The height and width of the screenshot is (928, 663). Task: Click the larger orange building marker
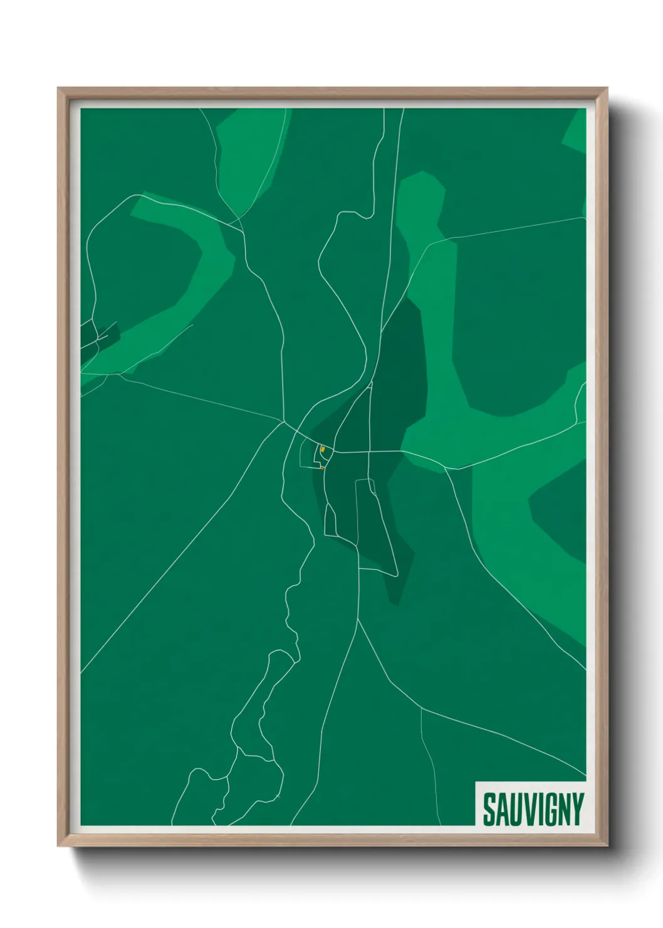tap(323, 449)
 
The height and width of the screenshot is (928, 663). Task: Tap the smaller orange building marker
tap(321, 468)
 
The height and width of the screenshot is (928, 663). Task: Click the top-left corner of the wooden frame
tap(59, 89)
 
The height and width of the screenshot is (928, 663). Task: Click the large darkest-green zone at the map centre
tap(401, 376)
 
